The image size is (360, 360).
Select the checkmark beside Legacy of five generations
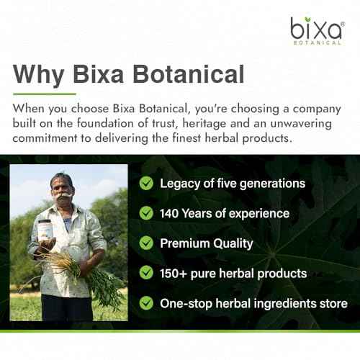coord(147,184)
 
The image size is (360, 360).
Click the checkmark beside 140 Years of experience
coord(147,213)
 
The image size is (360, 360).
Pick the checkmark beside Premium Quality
coord(147,243)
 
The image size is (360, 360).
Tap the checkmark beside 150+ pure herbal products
coord(147,274)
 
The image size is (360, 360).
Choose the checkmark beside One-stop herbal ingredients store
coord(147,303)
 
